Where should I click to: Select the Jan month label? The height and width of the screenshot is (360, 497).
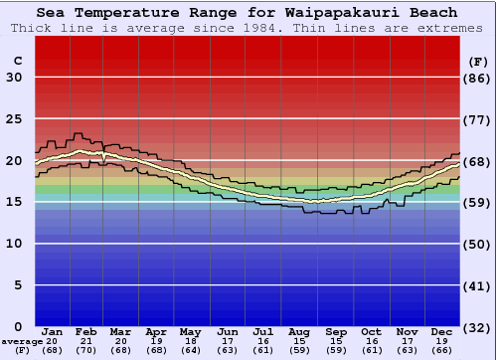click(53, 331)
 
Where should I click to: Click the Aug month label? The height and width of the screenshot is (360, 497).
click(299, 331)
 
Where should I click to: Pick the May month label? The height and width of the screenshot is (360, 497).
click(189, 331)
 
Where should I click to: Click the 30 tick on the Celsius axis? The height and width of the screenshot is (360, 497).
click(14, 78)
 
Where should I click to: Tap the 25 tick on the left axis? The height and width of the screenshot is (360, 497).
click(14, 119)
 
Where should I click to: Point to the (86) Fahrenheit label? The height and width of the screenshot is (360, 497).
click(478, 78)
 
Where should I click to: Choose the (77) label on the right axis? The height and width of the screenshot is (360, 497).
click(478, 119)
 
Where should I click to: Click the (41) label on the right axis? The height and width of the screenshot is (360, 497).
click(478, 285)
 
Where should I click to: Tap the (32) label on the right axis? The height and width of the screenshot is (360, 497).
click(478, 327)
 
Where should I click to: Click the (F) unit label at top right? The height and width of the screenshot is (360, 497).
click(478, 61)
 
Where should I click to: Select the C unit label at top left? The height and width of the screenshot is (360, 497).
click(17, 61)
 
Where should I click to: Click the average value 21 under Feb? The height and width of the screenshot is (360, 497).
click(87, 340)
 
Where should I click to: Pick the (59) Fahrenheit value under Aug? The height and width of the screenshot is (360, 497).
click(299, 349)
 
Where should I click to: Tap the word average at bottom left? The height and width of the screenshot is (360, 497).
click(21, 340)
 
